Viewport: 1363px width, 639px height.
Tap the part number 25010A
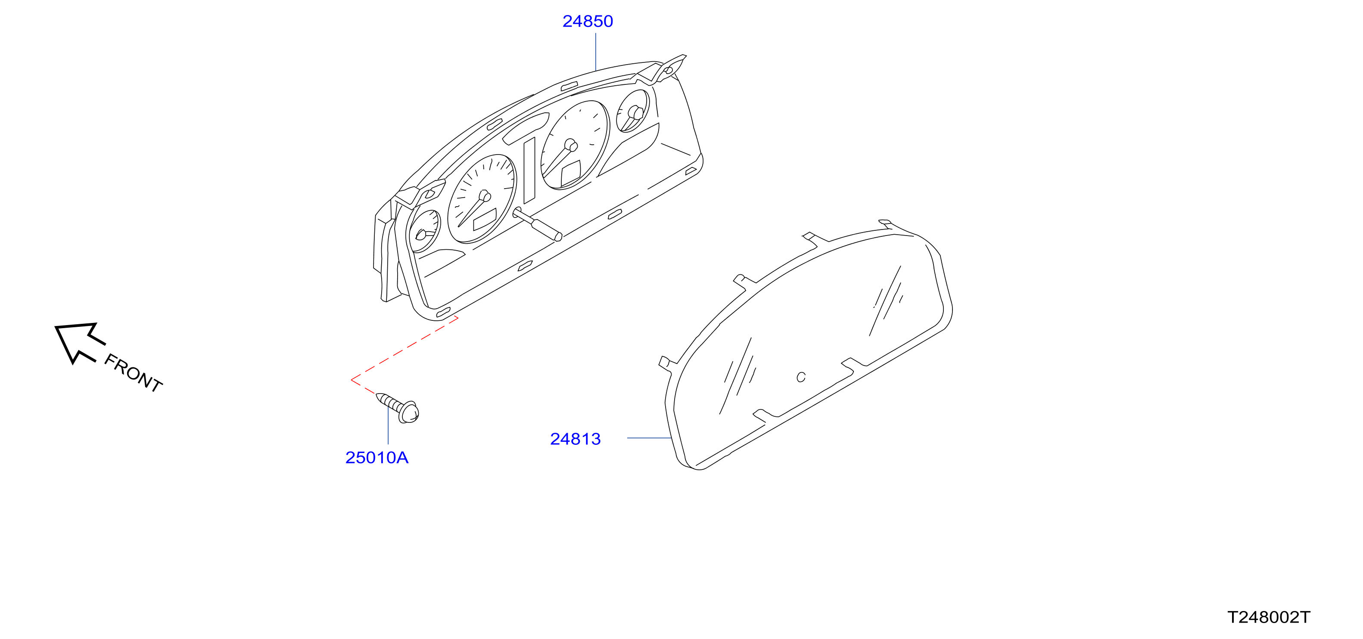(377, 458)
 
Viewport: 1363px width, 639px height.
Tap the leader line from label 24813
(649, 438)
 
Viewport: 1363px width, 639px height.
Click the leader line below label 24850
(596, 51)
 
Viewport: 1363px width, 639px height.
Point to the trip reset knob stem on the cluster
(537, 224)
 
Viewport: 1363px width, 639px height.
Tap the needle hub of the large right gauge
(571, 145)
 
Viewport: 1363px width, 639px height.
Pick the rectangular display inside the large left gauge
(485, 219)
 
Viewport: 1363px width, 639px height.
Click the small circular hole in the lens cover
(801, 377)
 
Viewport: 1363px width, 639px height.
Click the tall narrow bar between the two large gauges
(529, 171)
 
